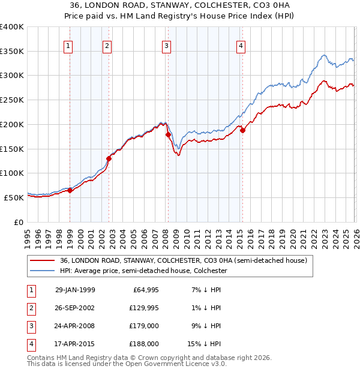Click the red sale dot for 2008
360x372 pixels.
[x=168, y=135]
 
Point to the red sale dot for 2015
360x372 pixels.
[x=242, y=130]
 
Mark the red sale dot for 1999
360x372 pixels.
[x=70, y=190]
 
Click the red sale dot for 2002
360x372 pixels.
[x=109, y=158]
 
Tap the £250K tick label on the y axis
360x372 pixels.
[x=12, y=100]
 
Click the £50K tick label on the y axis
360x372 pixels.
[x=14, y=197]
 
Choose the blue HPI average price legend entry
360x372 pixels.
[x=143, y=271]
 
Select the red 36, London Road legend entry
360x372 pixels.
[x=184, y=260]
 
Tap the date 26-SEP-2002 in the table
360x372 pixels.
[x=75, y=308]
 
